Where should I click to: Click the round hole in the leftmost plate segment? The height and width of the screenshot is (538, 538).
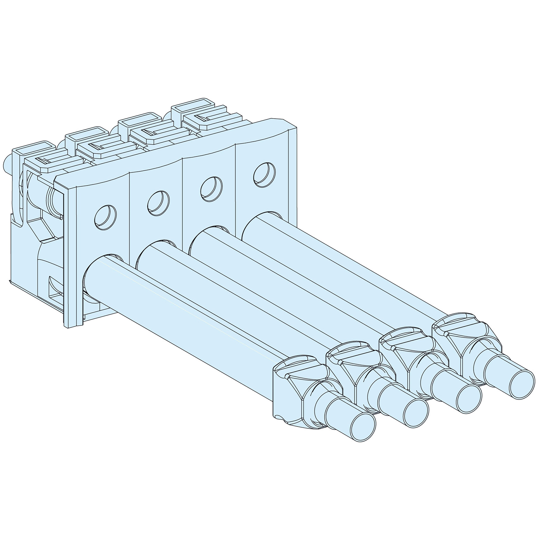105,217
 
